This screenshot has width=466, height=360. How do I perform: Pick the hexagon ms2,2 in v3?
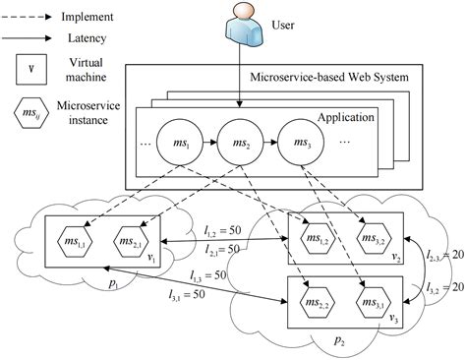click(314, 301)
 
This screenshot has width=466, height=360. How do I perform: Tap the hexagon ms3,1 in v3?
click(372, 301)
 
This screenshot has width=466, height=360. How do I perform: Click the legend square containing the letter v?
click(33, 70)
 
